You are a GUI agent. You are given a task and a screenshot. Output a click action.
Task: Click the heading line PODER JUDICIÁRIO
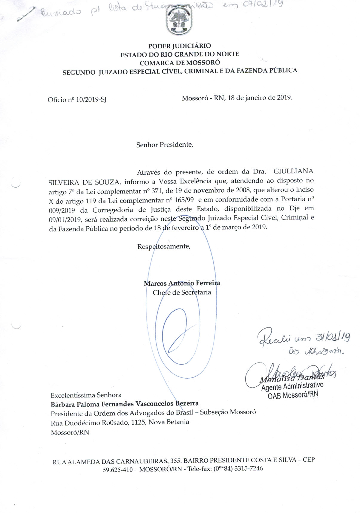[x=180, y=46]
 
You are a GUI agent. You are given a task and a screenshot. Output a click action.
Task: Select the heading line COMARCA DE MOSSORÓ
[x=180, y=63]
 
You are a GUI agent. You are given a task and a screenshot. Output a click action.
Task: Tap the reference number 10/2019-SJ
[x=91, y=100]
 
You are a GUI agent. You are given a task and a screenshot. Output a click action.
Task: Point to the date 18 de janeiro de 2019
[x=260, y=98]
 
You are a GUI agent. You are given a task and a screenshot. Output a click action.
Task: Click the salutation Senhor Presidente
[x=165, y=145]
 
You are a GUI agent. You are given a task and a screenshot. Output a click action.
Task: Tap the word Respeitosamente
[x=164, y=247]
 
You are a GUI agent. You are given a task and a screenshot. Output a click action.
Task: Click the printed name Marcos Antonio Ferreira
[x=182, y=283]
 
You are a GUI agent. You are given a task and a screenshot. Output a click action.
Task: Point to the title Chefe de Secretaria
[x=182, y=292]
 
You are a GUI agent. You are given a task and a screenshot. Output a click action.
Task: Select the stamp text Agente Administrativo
[x=292, y=386]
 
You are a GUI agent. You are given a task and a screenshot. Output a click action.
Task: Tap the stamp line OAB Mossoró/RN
[x=293, y=395]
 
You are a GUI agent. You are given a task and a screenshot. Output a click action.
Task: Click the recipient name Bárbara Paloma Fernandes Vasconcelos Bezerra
[x=125, y=404]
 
